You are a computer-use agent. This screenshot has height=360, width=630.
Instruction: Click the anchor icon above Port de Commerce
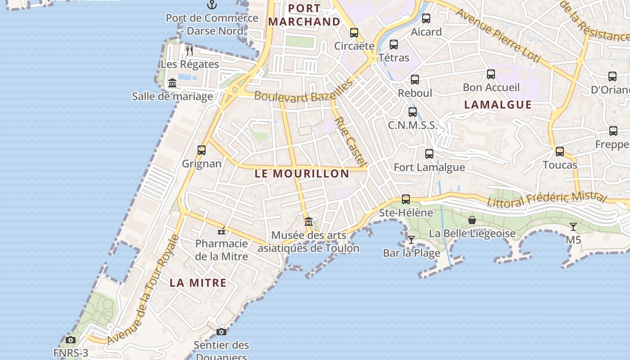211,5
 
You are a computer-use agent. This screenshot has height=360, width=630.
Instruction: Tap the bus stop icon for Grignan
202,150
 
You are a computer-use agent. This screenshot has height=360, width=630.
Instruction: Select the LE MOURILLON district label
301,174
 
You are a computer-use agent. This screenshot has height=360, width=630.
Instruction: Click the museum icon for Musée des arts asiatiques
308,221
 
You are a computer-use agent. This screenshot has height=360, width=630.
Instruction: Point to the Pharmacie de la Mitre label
221,250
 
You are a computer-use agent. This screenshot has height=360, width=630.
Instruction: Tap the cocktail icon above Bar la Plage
411,239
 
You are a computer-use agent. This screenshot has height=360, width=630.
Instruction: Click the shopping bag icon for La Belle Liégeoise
472,220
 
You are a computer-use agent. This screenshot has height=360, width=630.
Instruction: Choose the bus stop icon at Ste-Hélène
406,199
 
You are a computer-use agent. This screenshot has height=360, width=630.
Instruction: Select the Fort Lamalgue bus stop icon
429,154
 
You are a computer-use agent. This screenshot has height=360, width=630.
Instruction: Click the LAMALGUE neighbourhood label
498,105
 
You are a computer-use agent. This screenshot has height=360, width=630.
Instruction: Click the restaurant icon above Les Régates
189,50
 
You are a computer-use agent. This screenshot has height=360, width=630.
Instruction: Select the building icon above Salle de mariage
172,83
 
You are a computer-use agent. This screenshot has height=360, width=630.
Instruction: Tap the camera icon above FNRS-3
71,340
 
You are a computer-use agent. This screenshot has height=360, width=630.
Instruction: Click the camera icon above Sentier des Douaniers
221,332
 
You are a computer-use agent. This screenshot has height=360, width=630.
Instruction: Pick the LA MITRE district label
198,283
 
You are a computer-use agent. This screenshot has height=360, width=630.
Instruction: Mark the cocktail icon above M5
573,226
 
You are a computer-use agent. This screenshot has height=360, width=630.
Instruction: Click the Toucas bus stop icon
560,152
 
